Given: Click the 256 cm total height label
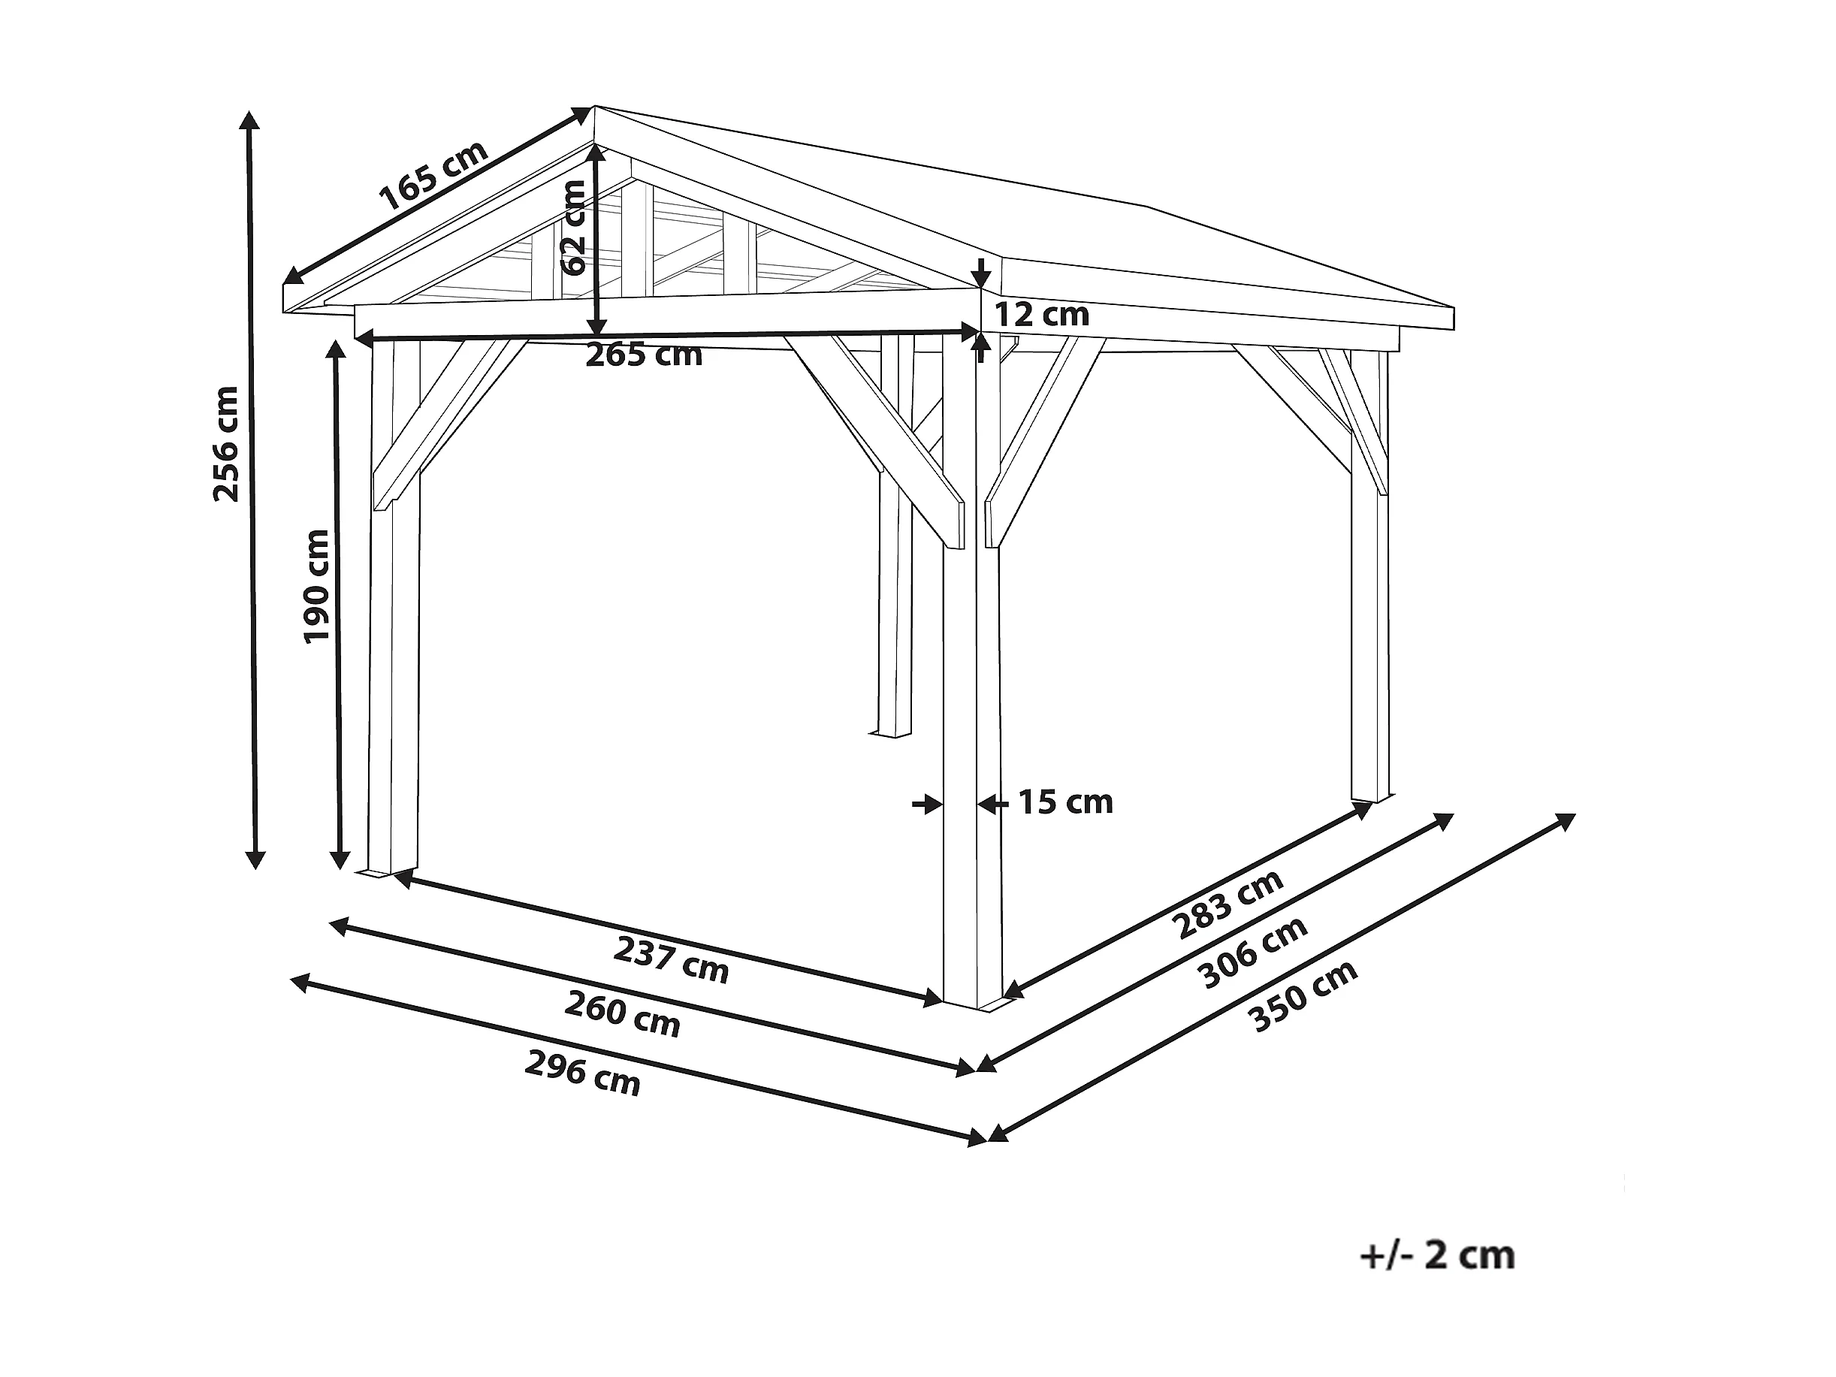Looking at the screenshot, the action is [x=226, y=445].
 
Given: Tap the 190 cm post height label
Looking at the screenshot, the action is [x=316, y=586].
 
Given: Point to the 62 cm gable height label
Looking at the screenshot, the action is [x=573, y=228].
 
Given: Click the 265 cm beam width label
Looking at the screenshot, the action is [x=644, y=356].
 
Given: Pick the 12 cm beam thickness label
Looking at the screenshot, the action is [x=1042, y=316].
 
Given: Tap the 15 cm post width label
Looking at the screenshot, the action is [x=1066, y=802].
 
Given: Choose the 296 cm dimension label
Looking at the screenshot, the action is [x=583, y=1074].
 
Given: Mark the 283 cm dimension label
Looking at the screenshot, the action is [x=1230, y=904].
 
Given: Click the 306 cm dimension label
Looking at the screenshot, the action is [x=1254, y=952].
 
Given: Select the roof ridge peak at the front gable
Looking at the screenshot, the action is [x=594, y=108].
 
